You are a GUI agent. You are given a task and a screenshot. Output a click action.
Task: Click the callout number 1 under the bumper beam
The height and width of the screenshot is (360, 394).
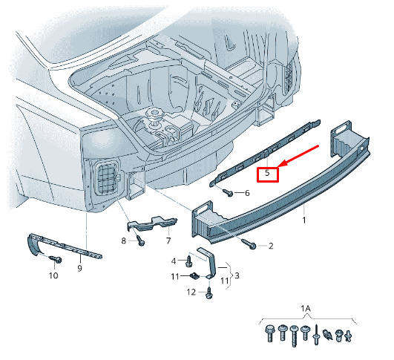304,220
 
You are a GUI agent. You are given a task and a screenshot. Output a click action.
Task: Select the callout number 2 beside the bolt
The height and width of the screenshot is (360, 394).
271,246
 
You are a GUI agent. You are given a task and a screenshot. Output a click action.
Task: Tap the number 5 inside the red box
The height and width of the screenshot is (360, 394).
267,173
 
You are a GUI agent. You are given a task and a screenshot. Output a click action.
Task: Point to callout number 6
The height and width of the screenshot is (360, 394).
247,193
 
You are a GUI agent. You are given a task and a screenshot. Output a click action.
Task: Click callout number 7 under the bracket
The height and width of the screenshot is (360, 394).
168,240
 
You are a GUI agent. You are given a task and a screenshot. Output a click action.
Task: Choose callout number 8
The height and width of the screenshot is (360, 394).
123,240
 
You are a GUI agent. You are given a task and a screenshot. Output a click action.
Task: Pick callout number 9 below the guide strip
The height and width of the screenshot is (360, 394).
79,268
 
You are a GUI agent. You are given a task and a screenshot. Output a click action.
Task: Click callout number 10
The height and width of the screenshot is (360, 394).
53,275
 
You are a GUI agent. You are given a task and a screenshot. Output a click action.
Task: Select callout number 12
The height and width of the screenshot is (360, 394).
191,292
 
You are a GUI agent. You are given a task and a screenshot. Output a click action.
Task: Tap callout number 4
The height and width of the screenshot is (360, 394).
174,261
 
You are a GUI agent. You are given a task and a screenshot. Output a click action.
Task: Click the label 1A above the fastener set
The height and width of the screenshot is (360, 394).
306,309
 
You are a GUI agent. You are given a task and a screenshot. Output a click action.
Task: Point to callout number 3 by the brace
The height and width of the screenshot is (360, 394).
237,276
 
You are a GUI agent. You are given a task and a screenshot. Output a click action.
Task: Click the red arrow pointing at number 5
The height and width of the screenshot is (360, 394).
298,156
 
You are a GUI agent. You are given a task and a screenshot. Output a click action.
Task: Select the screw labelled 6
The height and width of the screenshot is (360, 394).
228,192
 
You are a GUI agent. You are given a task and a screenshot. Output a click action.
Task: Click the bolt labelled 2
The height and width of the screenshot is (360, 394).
249,244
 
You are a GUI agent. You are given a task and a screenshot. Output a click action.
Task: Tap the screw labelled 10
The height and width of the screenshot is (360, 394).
56,259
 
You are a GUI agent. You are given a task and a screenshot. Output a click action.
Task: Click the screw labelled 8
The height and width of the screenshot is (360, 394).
140,240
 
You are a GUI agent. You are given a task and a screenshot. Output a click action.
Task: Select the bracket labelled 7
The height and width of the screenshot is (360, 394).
153,223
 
